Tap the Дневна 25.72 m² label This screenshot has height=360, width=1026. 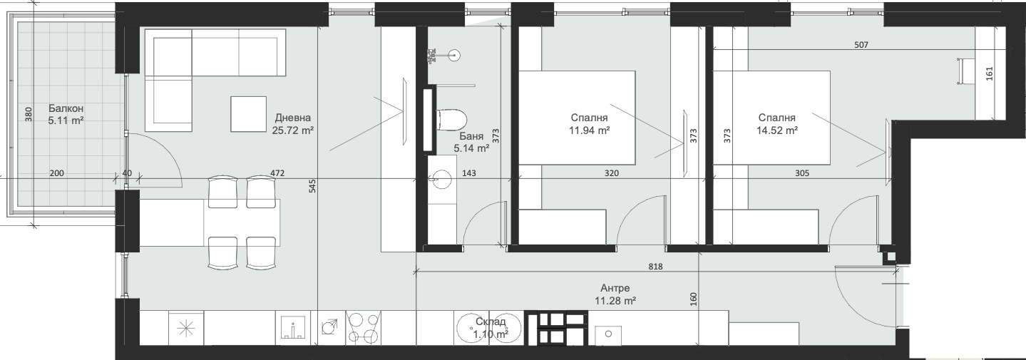click(293, 124)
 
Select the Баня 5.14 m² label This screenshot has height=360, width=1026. click(471, 142)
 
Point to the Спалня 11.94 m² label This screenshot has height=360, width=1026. click(589, 124)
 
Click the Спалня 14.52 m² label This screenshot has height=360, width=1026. click(777, 124)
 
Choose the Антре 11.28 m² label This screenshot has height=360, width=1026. click(615, 294)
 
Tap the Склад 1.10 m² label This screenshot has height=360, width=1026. click(491, 328)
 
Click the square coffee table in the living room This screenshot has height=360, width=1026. click(248, 113)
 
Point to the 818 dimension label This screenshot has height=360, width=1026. click(655, 267)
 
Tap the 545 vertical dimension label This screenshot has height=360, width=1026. click(312, 185)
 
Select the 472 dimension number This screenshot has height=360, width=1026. click(277, 173)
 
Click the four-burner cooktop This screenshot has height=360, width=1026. click(363, 328)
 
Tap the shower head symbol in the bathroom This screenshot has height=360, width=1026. click(454, 56)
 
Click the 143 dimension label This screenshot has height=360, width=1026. click(469, 173)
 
